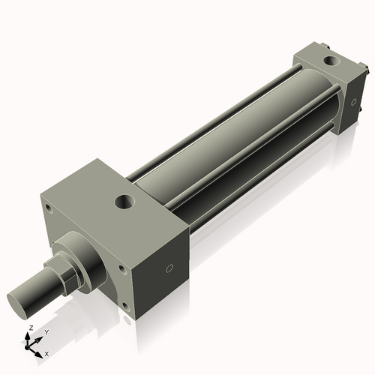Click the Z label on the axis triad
click(x=29, y=328)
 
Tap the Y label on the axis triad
click(x=46, y=331)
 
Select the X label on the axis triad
click(x=47, y=352)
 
